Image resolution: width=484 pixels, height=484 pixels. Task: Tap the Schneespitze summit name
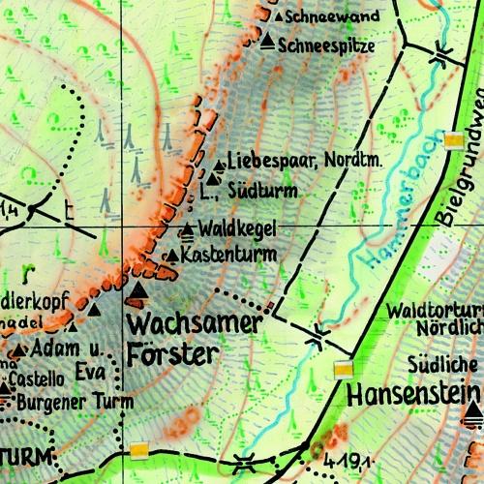[x=325, y=45]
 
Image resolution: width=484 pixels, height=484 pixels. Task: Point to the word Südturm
[x=264, y=191]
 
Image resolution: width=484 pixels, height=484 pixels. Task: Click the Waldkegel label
[x=237, y=228]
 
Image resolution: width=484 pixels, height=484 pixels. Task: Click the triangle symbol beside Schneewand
[x=278, y=16]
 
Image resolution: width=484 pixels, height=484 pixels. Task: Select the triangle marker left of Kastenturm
[x=172, y=256]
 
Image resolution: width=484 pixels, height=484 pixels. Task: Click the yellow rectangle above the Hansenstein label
[x=343, y=369]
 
